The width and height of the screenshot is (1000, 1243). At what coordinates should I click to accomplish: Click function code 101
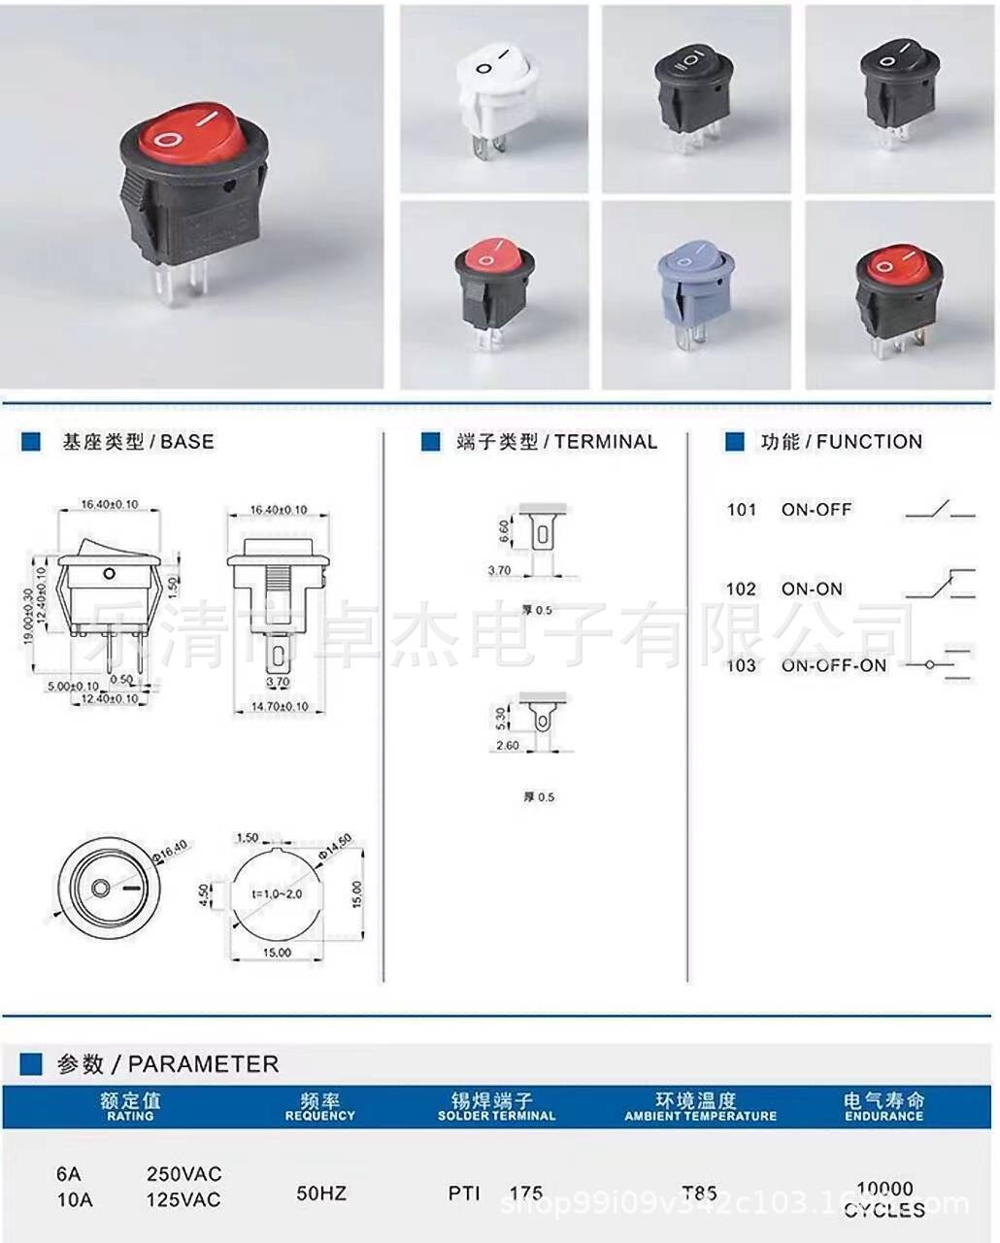(742, 510)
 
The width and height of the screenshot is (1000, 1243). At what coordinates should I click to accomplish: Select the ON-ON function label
(812, 588)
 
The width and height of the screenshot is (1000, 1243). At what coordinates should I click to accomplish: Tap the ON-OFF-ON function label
(833, 665)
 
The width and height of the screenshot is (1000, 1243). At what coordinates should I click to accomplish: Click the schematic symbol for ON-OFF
(939, 510)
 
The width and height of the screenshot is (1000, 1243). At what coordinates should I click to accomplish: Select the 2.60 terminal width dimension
(507, 746)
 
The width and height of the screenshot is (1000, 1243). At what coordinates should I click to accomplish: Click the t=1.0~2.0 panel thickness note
(277, 892)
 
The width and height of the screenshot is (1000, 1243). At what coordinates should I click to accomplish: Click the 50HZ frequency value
(320, 1193)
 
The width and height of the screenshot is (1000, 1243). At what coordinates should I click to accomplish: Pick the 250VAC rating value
(183, 1173)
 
